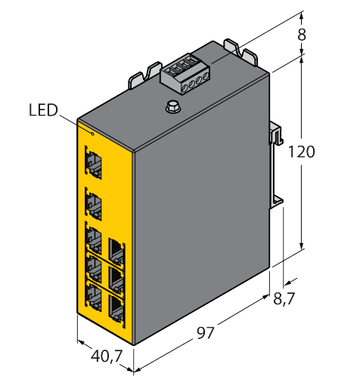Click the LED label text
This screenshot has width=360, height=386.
pyautogui.click(x=43, y=110)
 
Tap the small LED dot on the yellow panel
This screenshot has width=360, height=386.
pyautogui.click(x=92, y=134)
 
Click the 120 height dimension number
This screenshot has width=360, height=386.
pyautogui.click(x=301, y=152)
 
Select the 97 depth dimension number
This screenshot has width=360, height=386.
pyautogui.click(x=205, y=333)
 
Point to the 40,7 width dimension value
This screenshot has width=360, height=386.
pyautogui.click(x=107, y=357)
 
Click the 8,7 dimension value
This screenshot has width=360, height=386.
pyautogui.click(x=284, y=299)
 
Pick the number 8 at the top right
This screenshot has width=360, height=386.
pyautogui.click(x=302, y=35)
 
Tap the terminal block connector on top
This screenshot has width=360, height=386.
pyautogui.click(x=185, y=73)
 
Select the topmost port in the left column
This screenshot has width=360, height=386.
pyautogui.click(x=93, y=162)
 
